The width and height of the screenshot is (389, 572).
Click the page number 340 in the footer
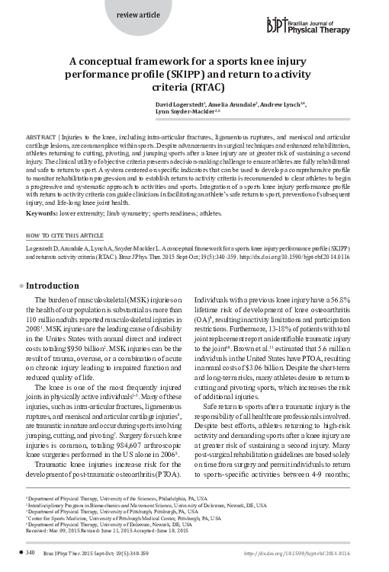pos(31,551)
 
